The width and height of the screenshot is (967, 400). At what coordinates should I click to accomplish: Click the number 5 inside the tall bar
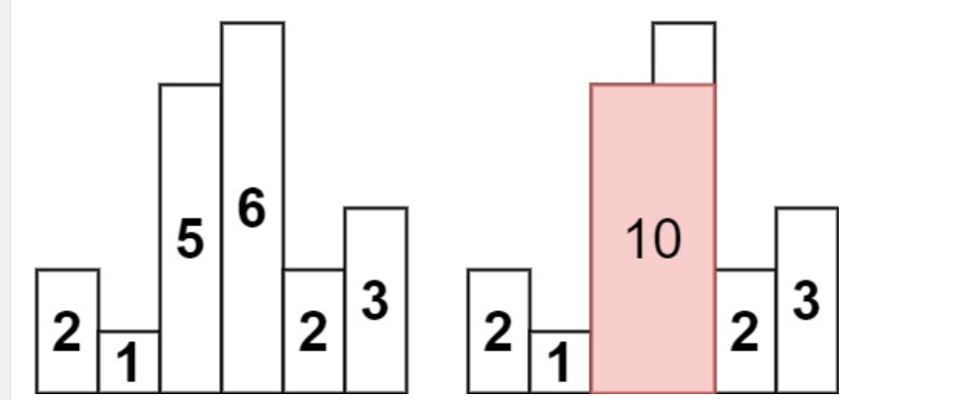[189, 240]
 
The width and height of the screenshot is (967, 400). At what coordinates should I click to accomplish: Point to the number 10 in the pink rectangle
[653, 240]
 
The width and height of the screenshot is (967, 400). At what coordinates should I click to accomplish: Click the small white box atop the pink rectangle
[684, 53]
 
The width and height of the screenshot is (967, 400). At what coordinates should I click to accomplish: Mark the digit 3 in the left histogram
[375, 302]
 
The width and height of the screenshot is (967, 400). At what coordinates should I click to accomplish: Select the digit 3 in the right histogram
[806, 302]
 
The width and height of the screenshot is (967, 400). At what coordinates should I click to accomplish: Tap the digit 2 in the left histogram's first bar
[66, 335]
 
